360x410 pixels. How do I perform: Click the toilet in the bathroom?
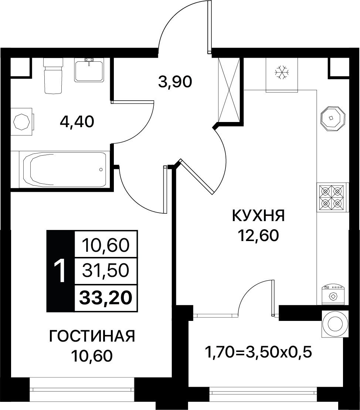tap(53, 75)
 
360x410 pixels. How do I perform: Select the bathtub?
tap(64, 169)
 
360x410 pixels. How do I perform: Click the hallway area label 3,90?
tap(175, 82)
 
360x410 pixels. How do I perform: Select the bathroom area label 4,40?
tap(77, 122)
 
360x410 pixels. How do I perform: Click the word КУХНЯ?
tap(258, 216)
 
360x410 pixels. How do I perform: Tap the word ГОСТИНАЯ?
tap(92, 336)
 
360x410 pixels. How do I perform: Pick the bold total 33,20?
tap(106, 298)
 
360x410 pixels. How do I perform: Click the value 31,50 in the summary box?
tap(106, 271)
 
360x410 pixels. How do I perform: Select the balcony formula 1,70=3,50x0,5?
tap(259, 353)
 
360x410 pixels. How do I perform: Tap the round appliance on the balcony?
tap(335, 323)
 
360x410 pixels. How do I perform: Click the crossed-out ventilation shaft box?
tap(229, 90)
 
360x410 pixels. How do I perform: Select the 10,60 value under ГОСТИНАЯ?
tap(92, 356)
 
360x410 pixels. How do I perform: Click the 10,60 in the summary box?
tap(106, 245)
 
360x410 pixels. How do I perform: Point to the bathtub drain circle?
tap(101, 169)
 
